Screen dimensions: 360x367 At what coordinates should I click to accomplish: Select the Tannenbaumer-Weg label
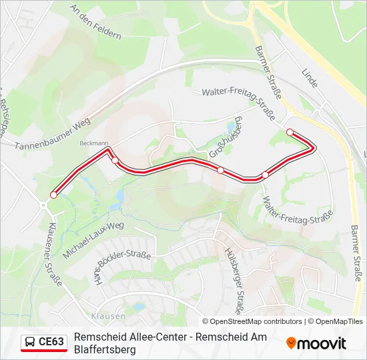pyautogui.click(x=52, y=135)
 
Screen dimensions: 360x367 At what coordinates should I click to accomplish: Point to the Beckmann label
pyautogui.click(x=93, y=143)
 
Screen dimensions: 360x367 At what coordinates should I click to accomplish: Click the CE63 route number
pyautogui.click(x=51, y=342)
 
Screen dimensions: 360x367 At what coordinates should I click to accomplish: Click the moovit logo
pyautogui.click(x=316, y=343)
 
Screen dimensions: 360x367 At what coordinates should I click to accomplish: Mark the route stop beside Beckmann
pyautogui.click(x=115, y=160)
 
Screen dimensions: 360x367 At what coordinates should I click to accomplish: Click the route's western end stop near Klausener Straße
pyautogui.click(x=53, y=195)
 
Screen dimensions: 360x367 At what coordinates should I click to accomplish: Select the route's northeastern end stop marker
pyautogui.click(x=290, y=132)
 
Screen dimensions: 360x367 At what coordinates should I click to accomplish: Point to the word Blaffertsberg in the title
pyautogui.click(x=105, y=349)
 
